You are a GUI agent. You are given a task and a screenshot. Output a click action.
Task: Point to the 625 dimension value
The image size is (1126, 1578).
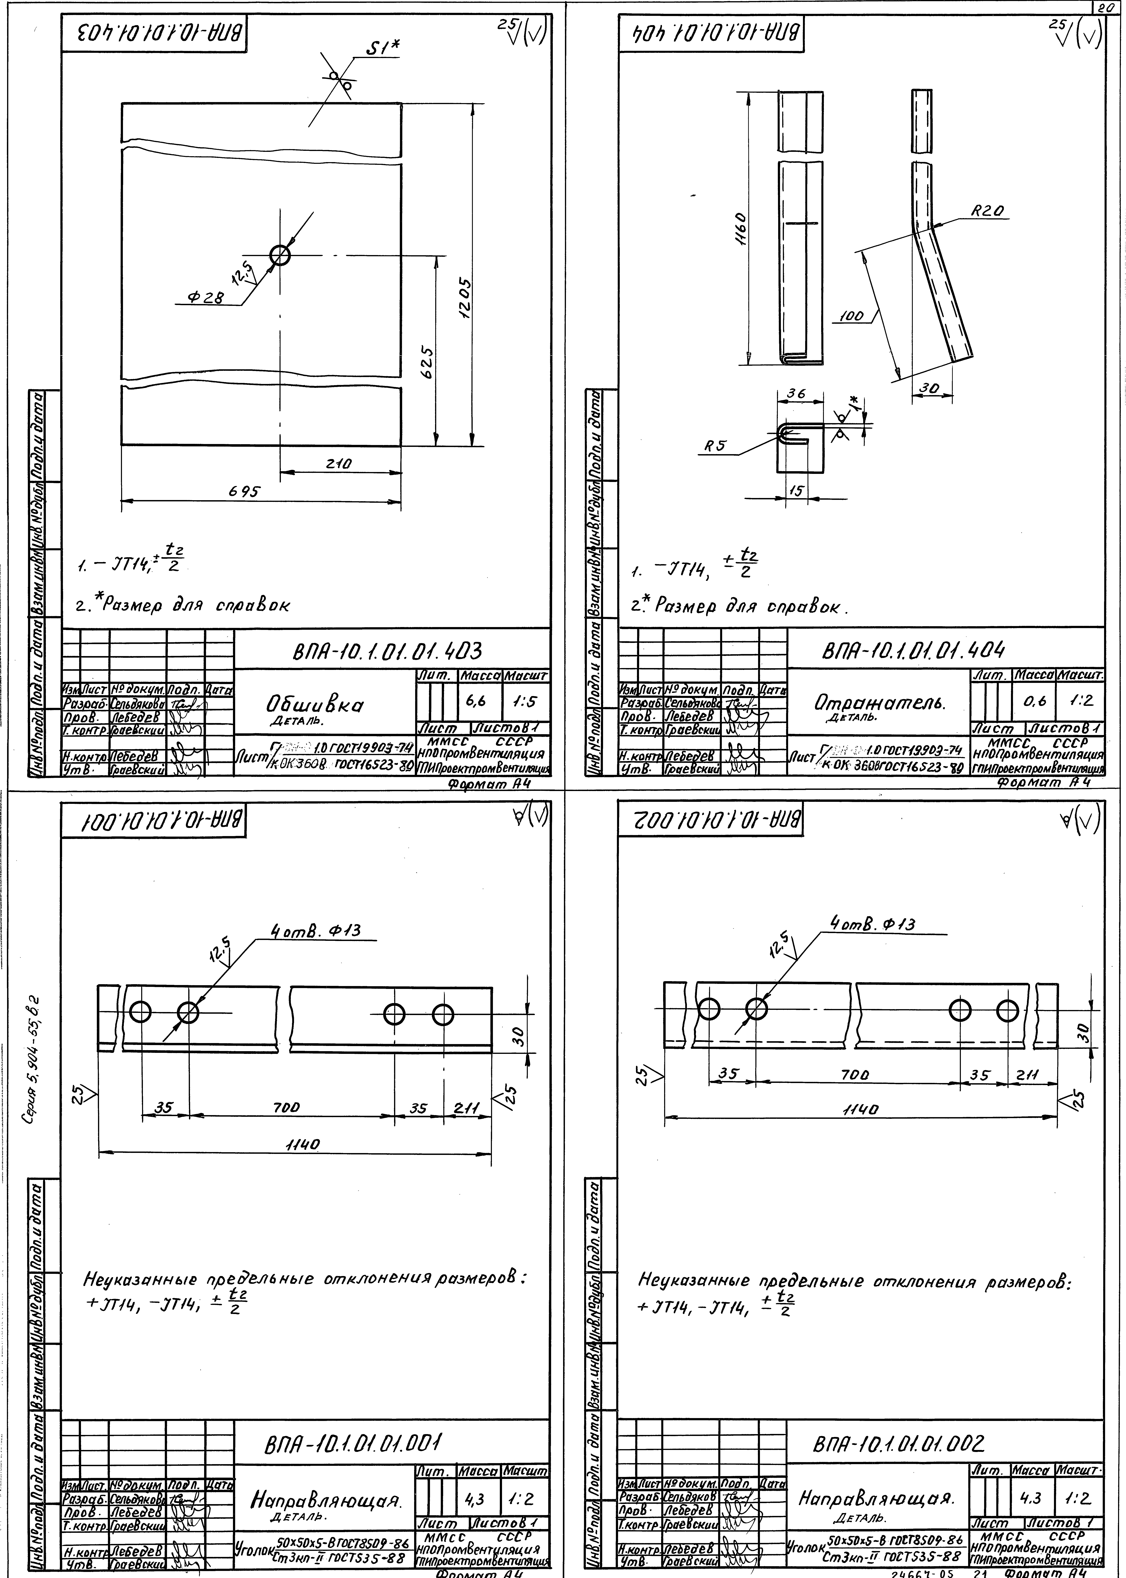pos(428,363)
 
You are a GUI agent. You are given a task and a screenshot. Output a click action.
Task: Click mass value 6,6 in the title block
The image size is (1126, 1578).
pos(476,702)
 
